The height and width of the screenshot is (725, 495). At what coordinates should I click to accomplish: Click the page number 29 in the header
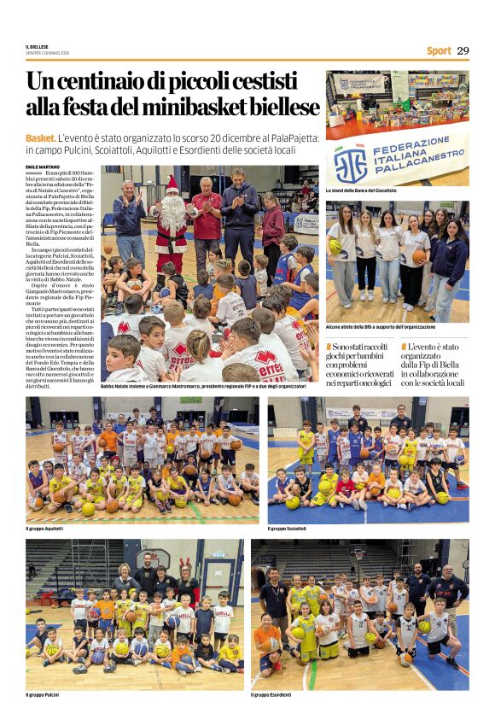[x=463, y=50]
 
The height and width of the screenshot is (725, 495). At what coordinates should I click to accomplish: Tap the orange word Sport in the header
[x=439, y=51]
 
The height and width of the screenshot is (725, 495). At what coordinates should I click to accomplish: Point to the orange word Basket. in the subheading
[x=41, y=138]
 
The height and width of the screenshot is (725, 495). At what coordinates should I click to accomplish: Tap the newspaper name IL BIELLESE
[x=37, y=47]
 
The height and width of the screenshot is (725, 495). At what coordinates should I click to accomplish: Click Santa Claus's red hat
[x=172, y=183]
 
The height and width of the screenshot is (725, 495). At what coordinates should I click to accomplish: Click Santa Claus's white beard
[x=174, y=211]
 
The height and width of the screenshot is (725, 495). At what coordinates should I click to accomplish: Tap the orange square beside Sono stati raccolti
[x=329, y=346]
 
